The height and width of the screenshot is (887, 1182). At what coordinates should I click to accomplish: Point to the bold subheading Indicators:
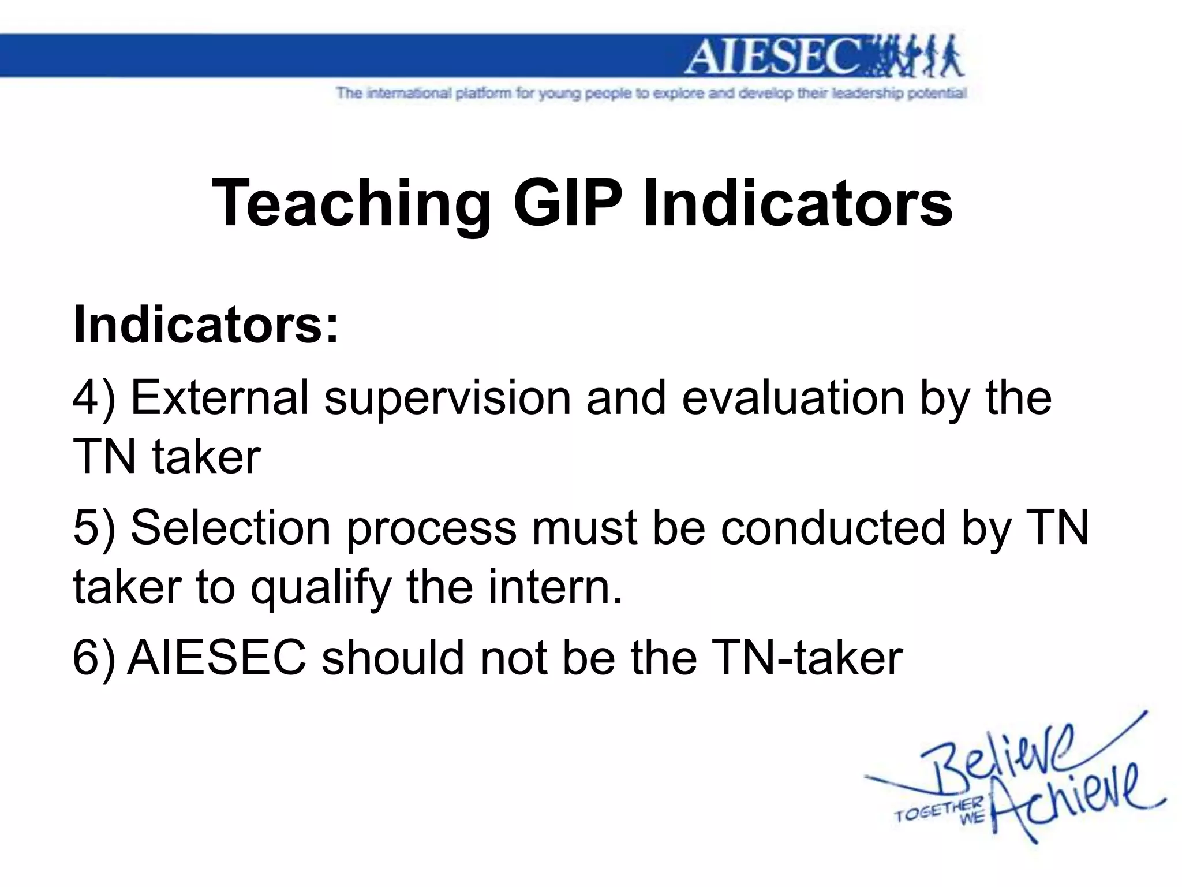tap(205, 325)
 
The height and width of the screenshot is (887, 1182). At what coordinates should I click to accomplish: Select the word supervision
tap(447, 398)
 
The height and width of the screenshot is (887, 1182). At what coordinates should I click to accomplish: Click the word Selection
tap(231, 528)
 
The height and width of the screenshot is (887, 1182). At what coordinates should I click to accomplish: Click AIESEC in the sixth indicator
tap(216, 658)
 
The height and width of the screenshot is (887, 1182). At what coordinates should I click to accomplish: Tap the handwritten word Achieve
tap(1073, 800)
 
